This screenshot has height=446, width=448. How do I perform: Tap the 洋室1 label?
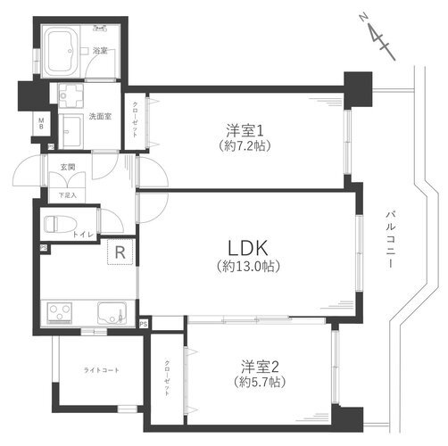click(236, 128)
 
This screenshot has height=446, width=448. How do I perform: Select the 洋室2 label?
click(260, 365)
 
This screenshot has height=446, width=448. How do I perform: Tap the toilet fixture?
click(61, 223)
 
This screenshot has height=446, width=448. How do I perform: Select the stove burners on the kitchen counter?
click(61, 313)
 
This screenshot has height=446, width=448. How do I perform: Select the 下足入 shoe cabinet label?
click(67, 195)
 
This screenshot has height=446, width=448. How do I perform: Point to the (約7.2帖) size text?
click(236, 144)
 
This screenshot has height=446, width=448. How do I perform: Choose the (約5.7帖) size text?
click(260, 382)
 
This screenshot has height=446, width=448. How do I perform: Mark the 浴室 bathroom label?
click(101, 52)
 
